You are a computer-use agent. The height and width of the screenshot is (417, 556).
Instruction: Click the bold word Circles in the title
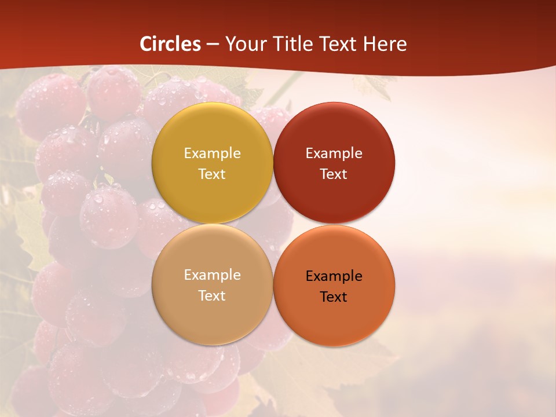[170, 44]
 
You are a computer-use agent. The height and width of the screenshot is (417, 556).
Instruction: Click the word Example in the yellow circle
[212, 153]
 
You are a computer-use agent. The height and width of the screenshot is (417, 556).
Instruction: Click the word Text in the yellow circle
[212, 174]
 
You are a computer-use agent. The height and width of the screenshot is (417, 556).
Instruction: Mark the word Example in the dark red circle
[334, 153]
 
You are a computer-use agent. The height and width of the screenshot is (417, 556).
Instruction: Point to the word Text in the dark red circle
[334, 174]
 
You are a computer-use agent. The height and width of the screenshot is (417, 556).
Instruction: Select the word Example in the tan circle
[212, 275]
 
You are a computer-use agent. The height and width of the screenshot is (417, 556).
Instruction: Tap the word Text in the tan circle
[212, 296]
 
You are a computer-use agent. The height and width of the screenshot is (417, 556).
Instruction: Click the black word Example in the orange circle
[334, 276]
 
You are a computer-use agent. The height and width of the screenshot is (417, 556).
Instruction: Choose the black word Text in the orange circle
[334, 297]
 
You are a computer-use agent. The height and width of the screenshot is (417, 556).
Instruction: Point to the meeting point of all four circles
[273, 224]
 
